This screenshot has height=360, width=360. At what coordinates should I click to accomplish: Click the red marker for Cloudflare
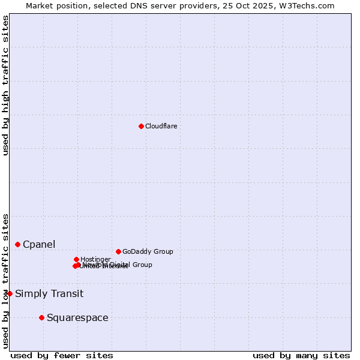141,126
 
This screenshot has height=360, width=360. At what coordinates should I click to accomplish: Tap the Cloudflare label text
161,126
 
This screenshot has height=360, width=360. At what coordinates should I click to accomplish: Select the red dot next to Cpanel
17,244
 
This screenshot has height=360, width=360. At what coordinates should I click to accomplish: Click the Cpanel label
39,244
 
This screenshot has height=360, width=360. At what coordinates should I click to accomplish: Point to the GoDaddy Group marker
118,251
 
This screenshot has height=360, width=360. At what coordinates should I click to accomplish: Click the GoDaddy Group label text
148,251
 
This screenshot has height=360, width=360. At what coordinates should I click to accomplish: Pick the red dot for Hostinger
76,259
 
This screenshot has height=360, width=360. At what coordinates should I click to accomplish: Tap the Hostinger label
95,259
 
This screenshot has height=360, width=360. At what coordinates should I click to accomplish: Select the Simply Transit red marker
10,293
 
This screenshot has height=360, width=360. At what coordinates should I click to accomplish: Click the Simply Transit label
49,293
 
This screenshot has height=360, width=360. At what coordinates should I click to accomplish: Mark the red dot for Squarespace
41,317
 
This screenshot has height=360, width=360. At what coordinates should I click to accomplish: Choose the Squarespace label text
77,317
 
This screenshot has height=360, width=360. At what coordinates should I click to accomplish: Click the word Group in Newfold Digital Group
142,265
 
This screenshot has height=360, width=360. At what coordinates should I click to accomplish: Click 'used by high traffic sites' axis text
5,85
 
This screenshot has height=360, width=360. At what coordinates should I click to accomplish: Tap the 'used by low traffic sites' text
5,280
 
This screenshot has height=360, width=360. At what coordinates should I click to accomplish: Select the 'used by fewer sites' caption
62,355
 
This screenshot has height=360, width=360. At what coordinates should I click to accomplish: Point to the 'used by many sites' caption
301,355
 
